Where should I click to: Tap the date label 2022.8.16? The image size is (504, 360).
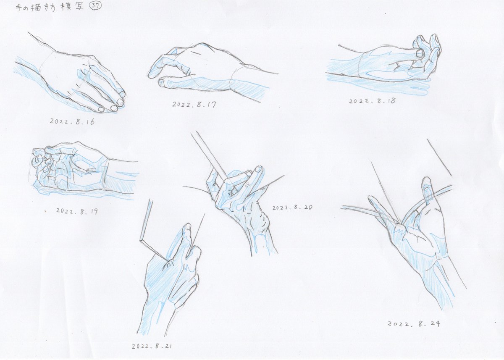point(72,122)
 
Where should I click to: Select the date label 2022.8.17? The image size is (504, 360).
point(194,105)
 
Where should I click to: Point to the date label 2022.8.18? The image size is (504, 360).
point(372,101)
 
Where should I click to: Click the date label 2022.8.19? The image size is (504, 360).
point(77,211)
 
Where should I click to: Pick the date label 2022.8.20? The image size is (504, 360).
point(292,208)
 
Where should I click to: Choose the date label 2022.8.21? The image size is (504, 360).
point(152,346)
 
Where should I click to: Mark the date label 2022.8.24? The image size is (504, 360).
point(414,323)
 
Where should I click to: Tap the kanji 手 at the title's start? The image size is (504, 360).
point(19,8)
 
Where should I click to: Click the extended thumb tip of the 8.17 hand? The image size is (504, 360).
point(161,83)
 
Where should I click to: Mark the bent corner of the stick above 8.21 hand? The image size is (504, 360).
point(141,240)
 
